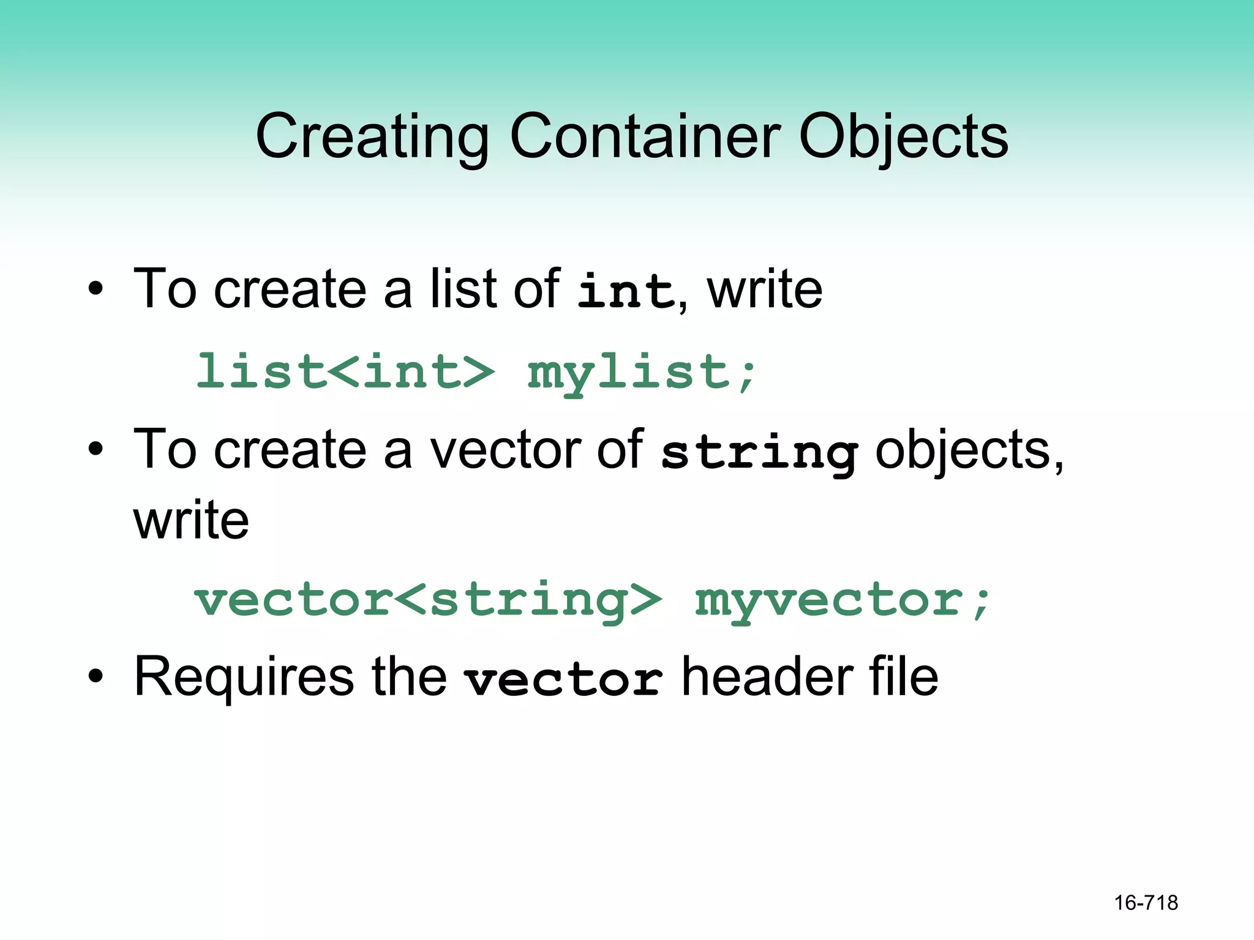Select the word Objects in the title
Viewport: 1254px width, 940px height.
[903, 137]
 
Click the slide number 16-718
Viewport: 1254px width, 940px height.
[1146, 903]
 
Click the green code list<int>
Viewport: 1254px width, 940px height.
[345, 371]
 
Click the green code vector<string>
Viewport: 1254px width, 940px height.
[428, 600]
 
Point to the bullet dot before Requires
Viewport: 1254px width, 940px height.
[96, 677]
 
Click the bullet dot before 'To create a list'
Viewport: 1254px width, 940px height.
[96, 289]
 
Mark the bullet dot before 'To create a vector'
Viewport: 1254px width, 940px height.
[96, 450]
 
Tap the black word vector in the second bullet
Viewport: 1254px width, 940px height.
[505, 450]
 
